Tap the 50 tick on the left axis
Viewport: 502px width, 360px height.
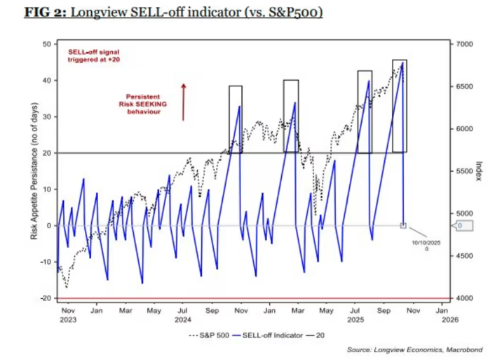pyautogui.click(x=48, y=44)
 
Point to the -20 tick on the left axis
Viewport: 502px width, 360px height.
pyautogui.click(x=46, y=298)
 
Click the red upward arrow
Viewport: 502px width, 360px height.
pyautogui.click(x=184, y=101)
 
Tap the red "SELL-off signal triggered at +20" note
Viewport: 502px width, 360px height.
pyautogui.click(x=94, y=56)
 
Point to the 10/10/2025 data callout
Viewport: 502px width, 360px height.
pyautogui.click(x=426, y=245)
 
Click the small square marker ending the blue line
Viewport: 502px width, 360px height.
pyautogui.click(x=403, y=225)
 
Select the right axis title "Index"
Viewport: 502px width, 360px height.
pyautogui.click(x=478, y=171)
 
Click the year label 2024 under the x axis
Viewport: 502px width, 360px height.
pyautogui.click(x=182, y=319)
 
